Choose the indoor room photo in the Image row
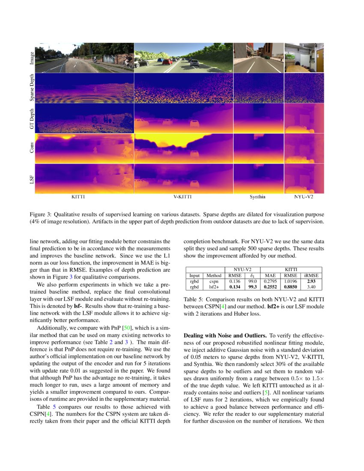pos(304,58)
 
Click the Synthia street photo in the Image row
pos(258,58)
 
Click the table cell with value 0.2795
pos(270,281)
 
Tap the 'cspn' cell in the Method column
pos(214,281)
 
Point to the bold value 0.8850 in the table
pos(291,287)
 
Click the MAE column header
pos(270,275)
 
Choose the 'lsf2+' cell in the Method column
pos(214,287)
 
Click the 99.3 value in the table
pos(253,287)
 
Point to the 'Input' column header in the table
pos(194,275)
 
